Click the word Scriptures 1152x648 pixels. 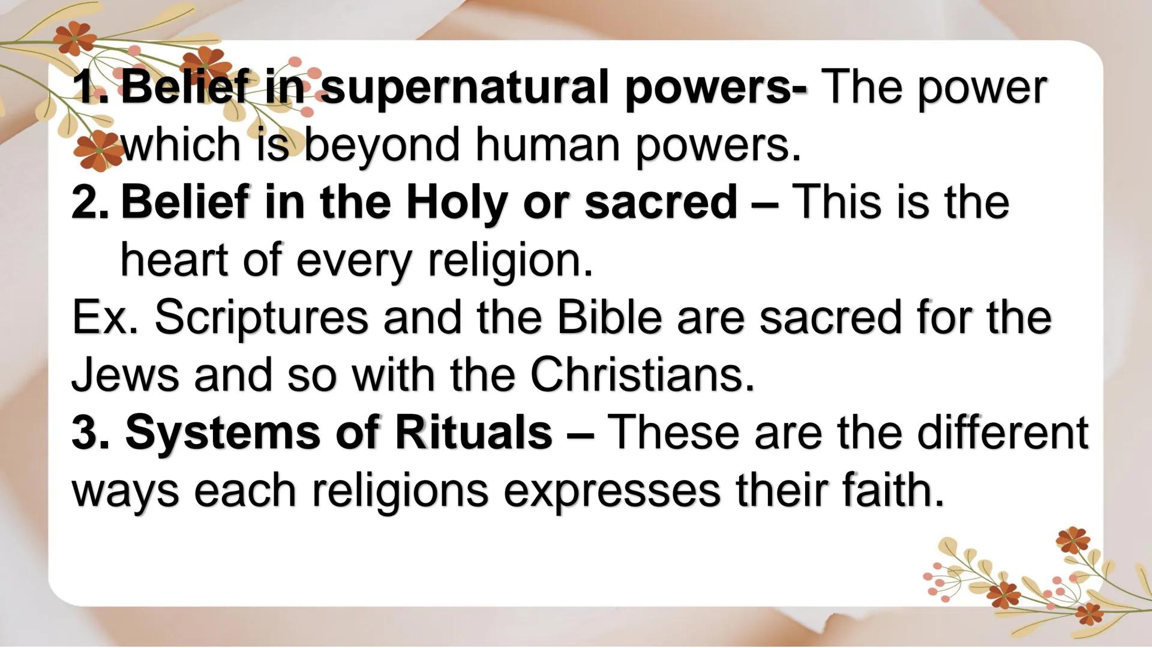[x=262, y=318]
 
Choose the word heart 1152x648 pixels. [x=175, y=260]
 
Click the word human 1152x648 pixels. [x=547, y=145]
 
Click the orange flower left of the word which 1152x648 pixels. [x=98, y=150]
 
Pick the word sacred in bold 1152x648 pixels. [x=661, y=203]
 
